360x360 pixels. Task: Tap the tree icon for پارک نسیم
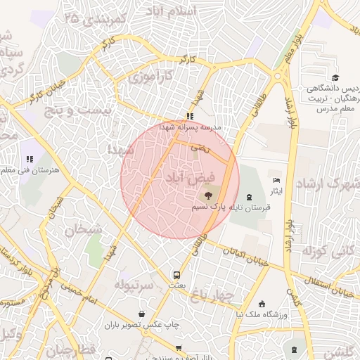(207, 196)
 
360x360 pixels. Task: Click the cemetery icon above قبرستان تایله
(252, 195)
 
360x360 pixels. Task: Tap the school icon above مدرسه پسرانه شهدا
(189, 116)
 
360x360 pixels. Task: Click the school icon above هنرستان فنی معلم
(30, 160)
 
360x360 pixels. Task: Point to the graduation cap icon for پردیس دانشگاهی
(335, 78)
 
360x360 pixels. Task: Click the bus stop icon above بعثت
(176, 275)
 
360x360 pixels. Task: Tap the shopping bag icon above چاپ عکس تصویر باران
(143, 314)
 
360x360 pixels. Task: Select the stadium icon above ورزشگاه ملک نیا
(262, 304)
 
